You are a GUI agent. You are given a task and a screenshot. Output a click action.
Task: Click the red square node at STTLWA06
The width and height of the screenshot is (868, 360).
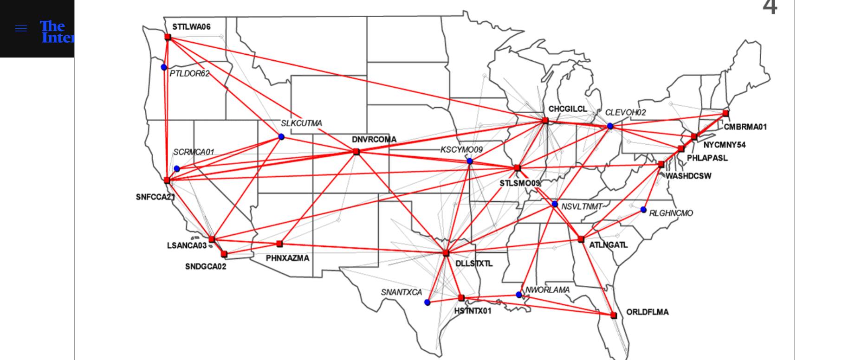click(168, 37)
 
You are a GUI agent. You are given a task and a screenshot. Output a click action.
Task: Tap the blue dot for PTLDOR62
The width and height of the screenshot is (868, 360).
click(164, 67)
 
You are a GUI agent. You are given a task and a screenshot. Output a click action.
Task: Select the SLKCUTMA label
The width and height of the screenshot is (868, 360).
click(301, 123)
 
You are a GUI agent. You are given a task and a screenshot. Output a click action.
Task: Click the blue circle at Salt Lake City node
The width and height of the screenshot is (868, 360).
click(281, 137)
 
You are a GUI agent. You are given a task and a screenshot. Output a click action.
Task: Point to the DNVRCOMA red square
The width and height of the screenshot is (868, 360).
click(356, 152)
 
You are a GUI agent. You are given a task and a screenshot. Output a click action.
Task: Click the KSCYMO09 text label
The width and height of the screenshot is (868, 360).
click(461, 150)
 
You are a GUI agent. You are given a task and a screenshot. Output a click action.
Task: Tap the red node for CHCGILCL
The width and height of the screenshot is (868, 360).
click(545, 121)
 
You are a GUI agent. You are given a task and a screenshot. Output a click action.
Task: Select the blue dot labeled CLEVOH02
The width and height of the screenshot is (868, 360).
click(610, 126)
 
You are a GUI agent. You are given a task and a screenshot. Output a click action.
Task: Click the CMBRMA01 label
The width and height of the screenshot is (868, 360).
click(745, 127)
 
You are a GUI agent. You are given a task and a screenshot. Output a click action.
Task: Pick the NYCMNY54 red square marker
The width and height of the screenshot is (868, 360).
click(694, 137)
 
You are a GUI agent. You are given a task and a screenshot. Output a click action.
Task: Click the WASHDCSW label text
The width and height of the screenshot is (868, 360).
click(688, 176)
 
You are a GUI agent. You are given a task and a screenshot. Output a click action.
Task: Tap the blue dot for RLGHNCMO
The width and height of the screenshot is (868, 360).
click(643, 210)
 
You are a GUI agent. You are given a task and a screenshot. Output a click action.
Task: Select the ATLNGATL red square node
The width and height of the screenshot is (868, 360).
click(581, 239)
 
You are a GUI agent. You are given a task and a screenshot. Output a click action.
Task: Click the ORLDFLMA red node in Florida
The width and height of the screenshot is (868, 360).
click(614, 315)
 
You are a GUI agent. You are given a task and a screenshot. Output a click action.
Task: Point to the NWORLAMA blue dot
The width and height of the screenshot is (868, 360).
click(519, 295)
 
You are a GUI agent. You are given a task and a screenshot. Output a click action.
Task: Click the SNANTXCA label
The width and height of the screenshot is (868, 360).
click(402, 292)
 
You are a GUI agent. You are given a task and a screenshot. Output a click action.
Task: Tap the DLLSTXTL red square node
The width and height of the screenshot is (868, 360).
click(446, 253)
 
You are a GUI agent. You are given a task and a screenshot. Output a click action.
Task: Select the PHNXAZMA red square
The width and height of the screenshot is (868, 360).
click(279, 244)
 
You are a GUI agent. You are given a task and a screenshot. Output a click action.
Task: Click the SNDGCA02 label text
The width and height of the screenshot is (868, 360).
click(206, 267)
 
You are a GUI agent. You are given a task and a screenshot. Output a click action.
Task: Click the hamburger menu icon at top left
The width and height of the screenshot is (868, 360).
click(21, 28)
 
